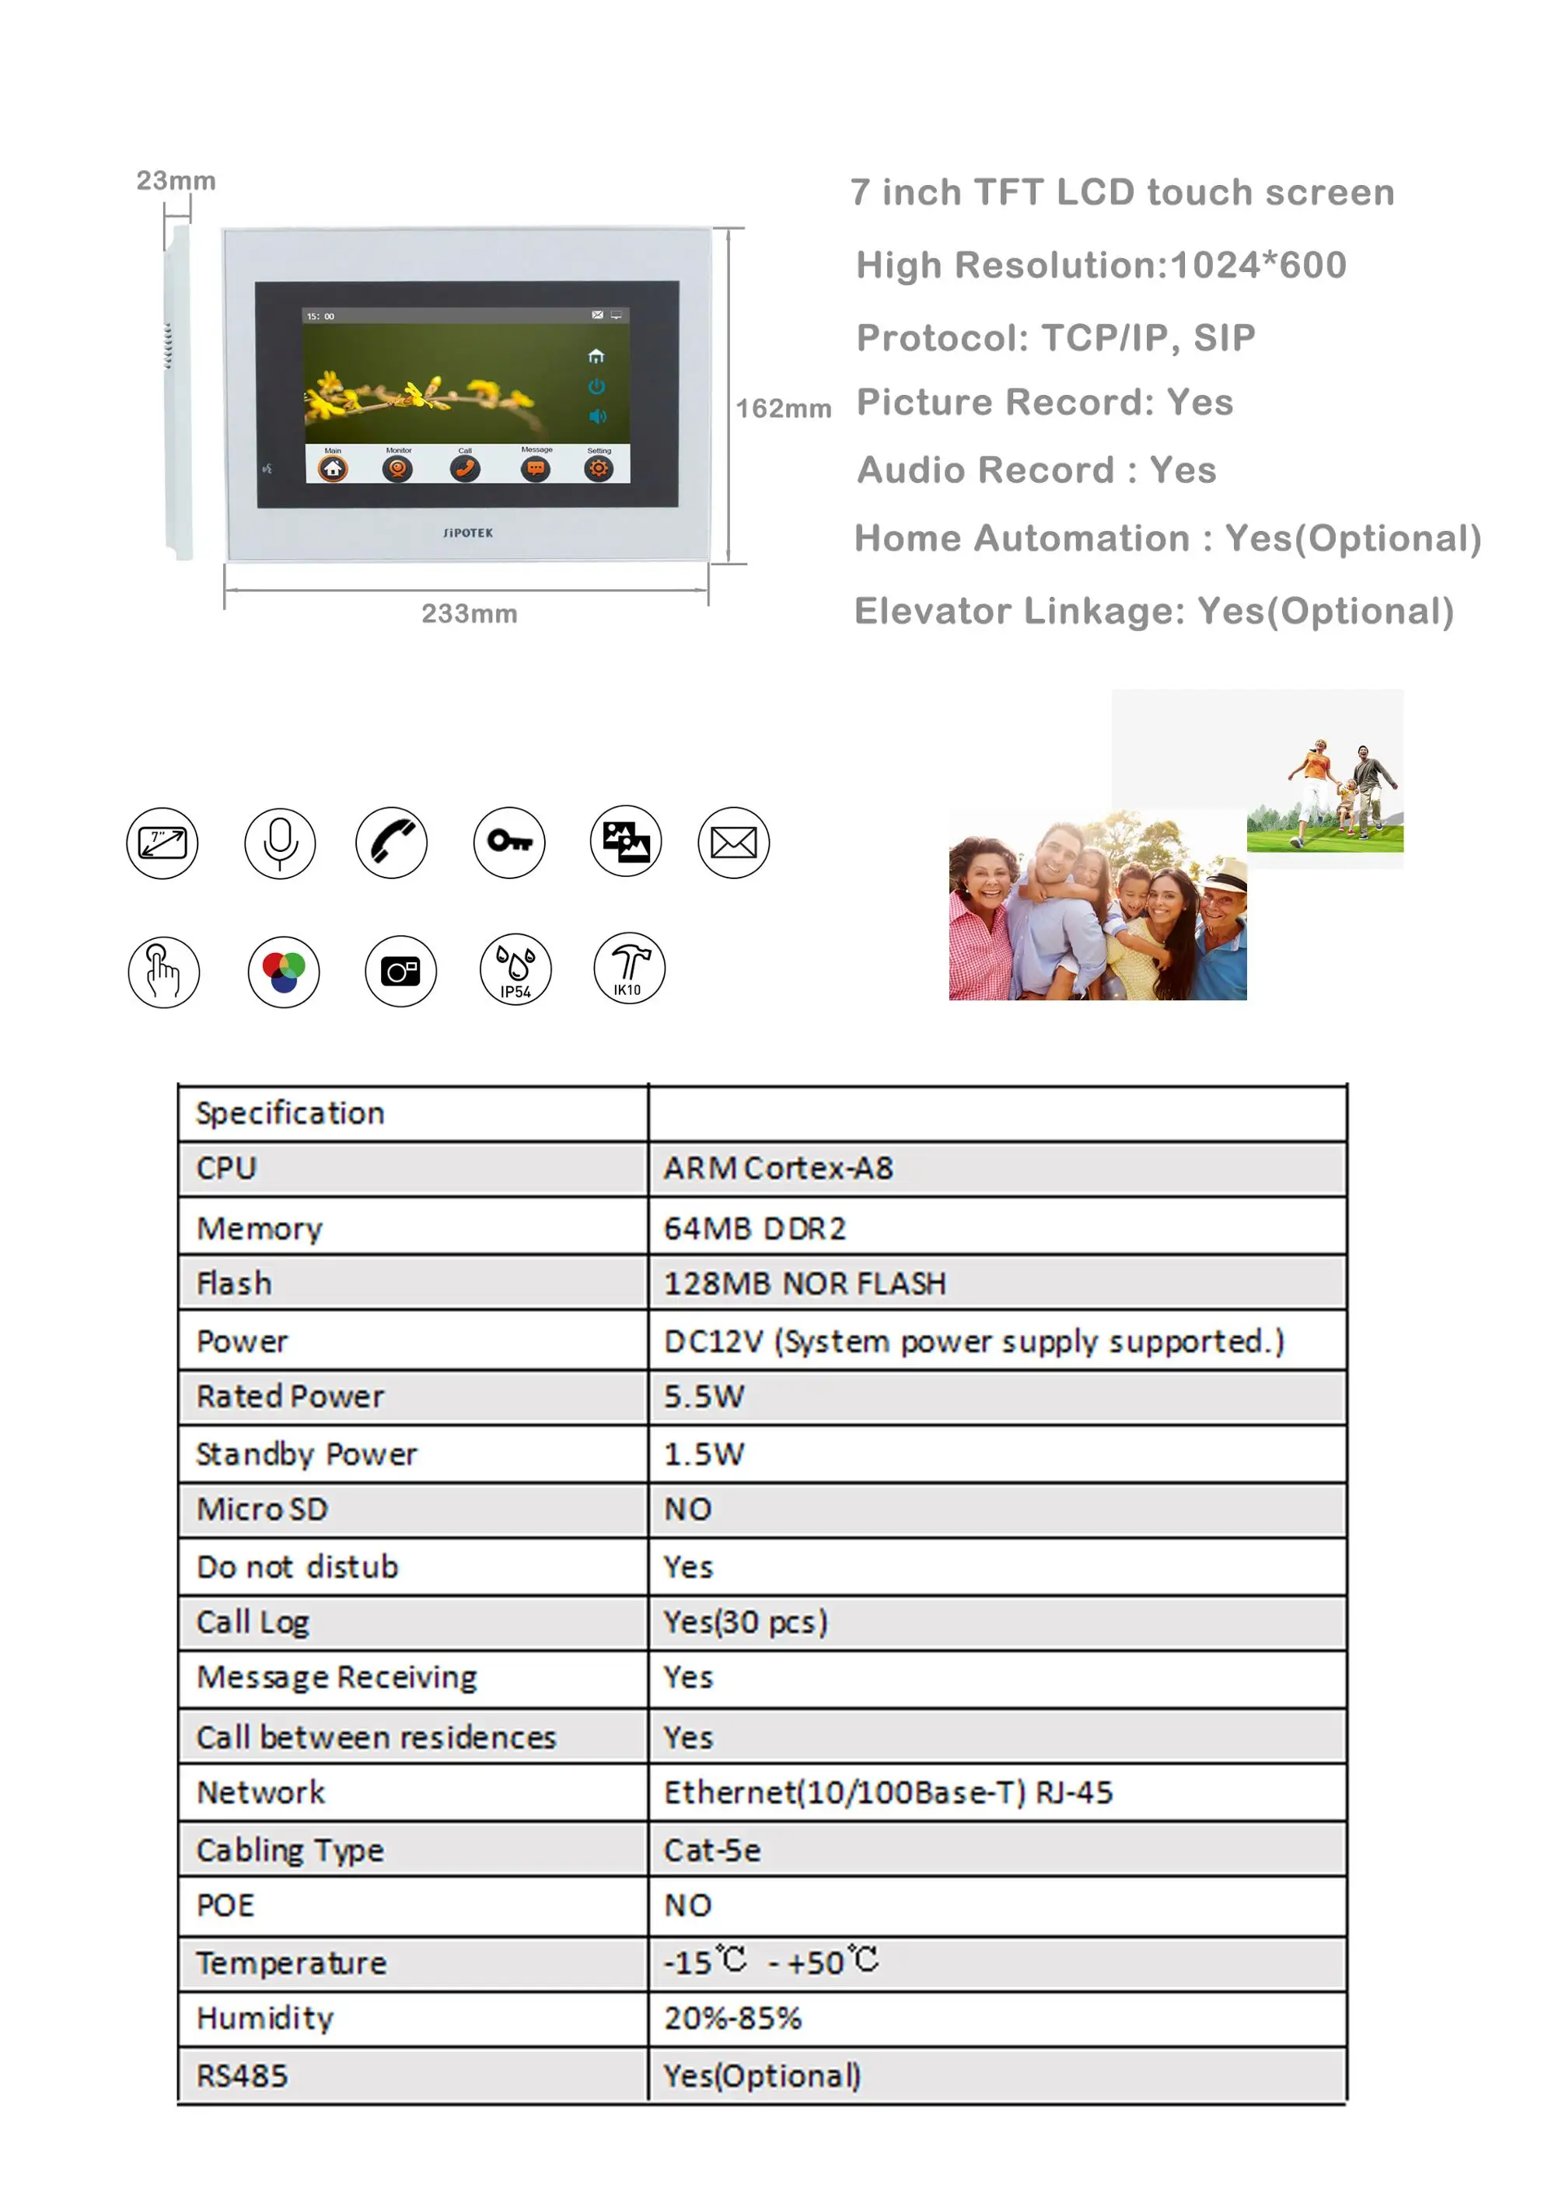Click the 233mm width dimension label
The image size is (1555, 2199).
(x=470, y=613)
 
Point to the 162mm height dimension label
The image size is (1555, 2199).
(x=783, y=408)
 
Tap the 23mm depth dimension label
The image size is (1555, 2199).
(x=176, y=180)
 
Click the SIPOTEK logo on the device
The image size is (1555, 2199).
(x=467, y=532)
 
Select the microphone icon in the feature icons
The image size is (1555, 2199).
(x=280, y=843)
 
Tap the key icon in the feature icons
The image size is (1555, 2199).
(x=508, y=842)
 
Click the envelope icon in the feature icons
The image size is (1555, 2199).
(x=733, y=843)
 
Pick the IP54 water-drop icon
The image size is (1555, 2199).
(x=515, y=969)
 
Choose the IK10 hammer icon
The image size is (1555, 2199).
(x=628, y=967)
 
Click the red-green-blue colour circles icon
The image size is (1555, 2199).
(x=284, y=971)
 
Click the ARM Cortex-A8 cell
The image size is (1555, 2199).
(x=778, y=1168)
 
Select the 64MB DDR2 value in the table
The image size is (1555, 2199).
(x=755, y=1228)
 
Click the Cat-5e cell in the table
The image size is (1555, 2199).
(x=712, y=1849)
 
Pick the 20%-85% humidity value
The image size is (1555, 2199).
(x=733, y=2017)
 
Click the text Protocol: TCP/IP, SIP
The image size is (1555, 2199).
(x=1055, y=337)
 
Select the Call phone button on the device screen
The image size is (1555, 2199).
(x=465, y=469)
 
